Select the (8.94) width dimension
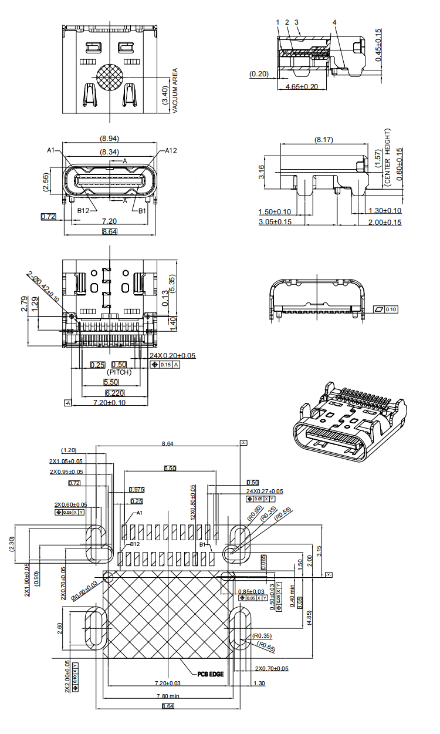pos(110,139)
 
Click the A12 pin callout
pos(171,150)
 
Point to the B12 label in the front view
pos(83,210)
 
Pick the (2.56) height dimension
pos(46,182)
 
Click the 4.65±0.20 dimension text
pos(302,86)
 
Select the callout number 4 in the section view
pos(334,22)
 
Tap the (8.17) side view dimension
pos(324,140)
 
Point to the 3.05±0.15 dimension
pos(275,222)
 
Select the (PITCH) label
pos(119,372)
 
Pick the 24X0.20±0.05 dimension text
pos(173,356)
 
